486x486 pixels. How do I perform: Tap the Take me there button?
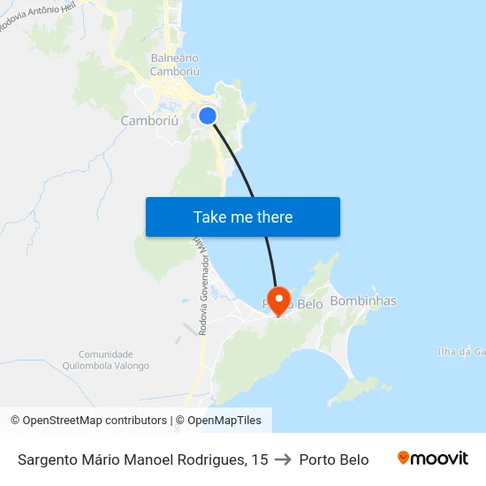(x=243, y=216)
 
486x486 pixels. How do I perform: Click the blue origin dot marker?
(x=208, y=116)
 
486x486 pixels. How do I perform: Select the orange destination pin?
(x=278, y=299)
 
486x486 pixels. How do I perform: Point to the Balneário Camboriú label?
(x=174, y=65)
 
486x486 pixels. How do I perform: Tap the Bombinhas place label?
(x=362, y=301)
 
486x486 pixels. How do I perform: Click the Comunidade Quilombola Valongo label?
(x=106, y=360)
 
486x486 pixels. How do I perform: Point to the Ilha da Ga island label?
(x=462, y=352)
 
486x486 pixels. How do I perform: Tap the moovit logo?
(x=433, y=459)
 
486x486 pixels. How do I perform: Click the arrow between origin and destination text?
(x=284, y=459)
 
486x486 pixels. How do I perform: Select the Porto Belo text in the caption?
(x=334, y=459)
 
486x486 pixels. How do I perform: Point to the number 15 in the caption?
(x=259, y=459)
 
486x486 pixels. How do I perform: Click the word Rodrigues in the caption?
(x=211, y=459)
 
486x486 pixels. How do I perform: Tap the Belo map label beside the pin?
(x=308, y=304)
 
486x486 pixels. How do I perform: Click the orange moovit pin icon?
(x=404, y=459)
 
